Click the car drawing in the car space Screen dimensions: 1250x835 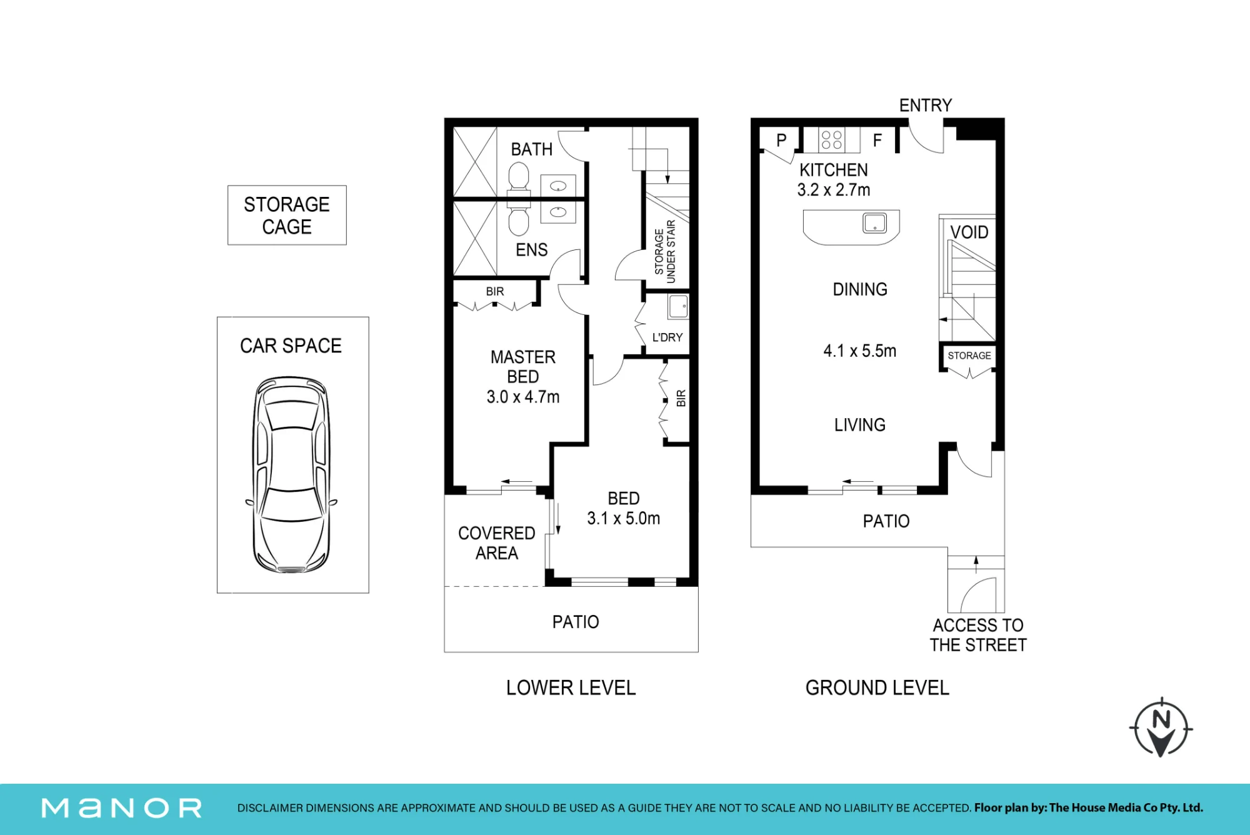tap(291, 475)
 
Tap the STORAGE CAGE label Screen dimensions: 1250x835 tap(287, 216)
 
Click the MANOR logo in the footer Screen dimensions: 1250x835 tap(122, 808)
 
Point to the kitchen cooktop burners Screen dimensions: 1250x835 tap(831, 140)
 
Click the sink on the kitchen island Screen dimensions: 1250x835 tap(874, 222)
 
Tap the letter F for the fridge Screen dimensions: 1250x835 tap(877, 141)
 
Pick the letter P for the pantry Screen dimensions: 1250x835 tap(781, 141)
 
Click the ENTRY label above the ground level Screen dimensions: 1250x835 tap(926, 105)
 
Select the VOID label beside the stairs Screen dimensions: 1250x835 tap(969, 232)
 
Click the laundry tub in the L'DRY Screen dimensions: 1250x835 tap(678, 306)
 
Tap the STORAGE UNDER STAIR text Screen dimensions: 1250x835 tap(665, 251)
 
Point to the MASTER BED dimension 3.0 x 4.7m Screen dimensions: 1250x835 tap(523, 397)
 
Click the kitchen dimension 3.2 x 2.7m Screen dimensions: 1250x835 tap(834, 190)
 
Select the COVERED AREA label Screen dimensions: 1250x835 tap(497, 543)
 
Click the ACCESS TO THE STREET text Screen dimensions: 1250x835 tap(978, 635)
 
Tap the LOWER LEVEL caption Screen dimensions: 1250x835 tap(571, 687)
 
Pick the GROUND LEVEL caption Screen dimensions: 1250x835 tap(877, 687)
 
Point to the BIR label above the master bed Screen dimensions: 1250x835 tap(495, 291)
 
